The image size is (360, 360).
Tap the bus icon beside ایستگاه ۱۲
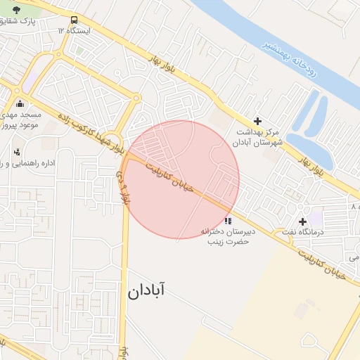(x=75, y=20)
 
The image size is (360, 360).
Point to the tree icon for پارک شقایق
(x=17, y=11)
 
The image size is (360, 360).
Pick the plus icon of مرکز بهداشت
(x=257, y=122)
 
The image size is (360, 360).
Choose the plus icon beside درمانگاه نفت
(x=303, y=222)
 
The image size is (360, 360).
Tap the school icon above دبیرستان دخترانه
(x=226, y=221)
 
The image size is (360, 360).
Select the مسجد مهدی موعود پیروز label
(x=20, y=119)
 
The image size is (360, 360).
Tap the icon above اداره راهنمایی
(x=17, y=152)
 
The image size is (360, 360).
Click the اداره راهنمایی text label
(x=28, y=164)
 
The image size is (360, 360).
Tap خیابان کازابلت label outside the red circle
(x=321, y=262)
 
